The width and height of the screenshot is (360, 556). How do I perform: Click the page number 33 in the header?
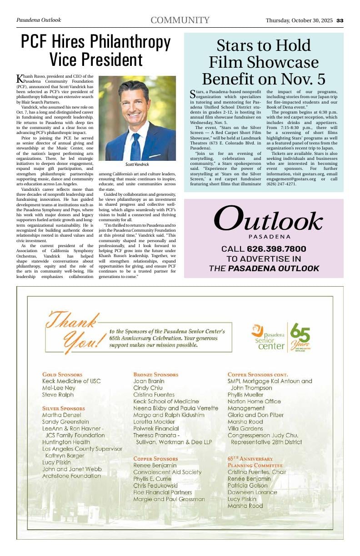(x=340, y=20)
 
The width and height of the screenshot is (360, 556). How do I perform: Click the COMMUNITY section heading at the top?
(x=180, y=20)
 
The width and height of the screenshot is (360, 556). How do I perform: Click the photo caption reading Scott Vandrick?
(x=137, y=164)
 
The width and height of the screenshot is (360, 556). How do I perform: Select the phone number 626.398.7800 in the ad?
(x=276, y=249)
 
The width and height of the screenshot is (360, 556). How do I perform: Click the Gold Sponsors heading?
(x=62, y=375)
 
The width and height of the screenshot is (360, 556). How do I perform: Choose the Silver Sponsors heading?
(x=64, y=408)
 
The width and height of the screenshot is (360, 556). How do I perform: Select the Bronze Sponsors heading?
(x=156, y=375)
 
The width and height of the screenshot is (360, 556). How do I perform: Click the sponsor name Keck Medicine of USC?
(x=71, y=381)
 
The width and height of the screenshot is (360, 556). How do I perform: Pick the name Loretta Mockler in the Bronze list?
(x=154, y=422)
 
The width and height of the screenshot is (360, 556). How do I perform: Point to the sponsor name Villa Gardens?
(x=245, y=428)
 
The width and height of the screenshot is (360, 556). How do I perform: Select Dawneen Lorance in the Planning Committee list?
(x=252, y=492)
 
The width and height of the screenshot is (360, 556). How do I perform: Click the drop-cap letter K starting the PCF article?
(x=20, y=79)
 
